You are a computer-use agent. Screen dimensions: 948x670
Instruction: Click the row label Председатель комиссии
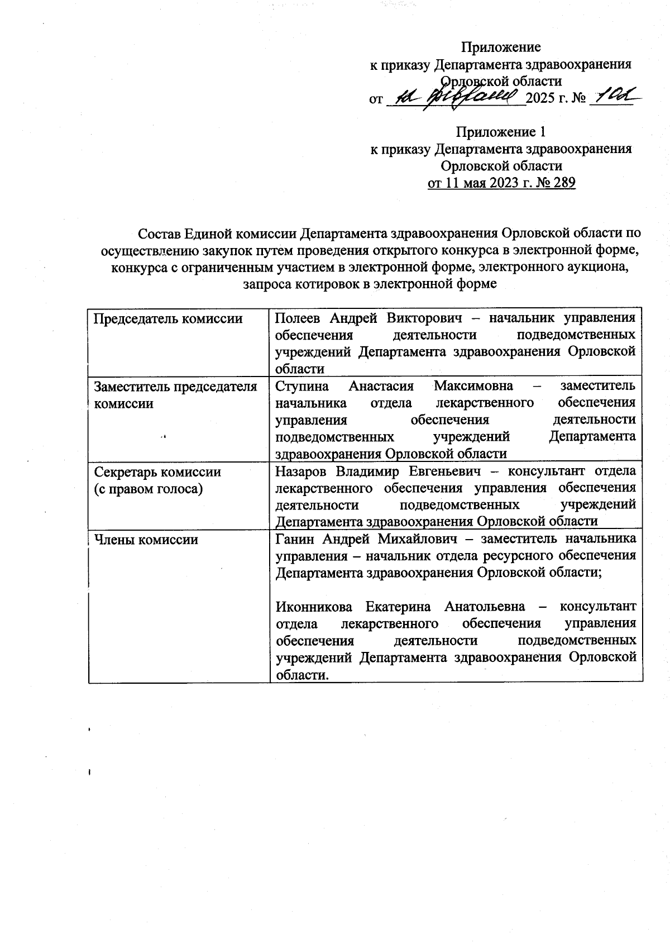click(x=168, y=318)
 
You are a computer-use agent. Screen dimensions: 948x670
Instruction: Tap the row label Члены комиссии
click(x=146, y=540)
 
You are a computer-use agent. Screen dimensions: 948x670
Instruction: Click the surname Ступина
click(x=303, y=386)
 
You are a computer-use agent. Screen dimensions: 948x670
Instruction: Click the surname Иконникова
click(x=315, y=607)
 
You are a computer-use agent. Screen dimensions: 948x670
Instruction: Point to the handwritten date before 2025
click(x=455, y=98)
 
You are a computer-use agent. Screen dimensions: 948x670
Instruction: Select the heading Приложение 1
click(x=501, y=132)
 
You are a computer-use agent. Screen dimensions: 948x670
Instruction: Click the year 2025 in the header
click(x=540, y=99)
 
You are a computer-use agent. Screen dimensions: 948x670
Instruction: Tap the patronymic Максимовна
click(x=478, y=386)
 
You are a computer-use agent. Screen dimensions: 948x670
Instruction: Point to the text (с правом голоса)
click(x=149, y=489)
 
